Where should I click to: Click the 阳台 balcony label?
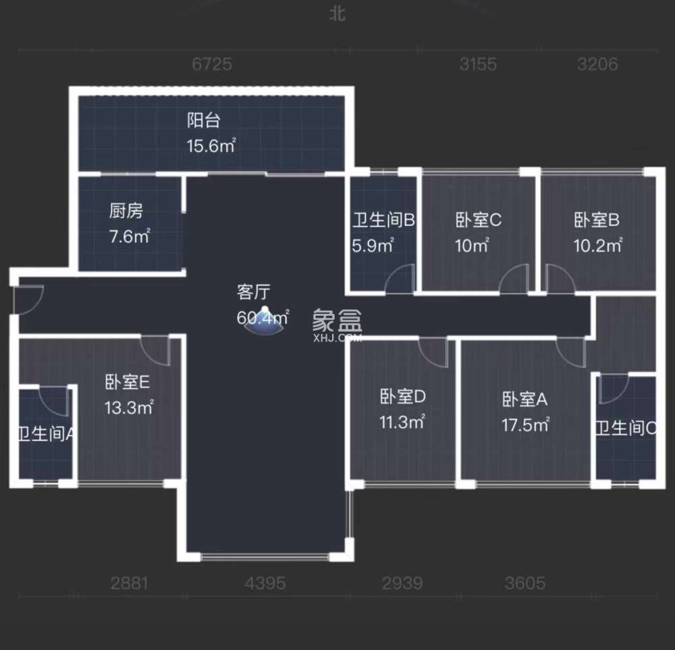(x=203, y=121)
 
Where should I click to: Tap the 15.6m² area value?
(x=211, y=145)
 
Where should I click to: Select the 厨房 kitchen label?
(x=126, y=211)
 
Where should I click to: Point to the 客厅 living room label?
(x=253, y=292)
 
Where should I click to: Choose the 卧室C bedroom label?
(x=478, y=220)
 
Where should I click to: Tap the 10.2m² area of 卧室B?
(x=598, y=246)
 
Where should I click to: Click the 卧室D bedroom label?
(x=402, y=398)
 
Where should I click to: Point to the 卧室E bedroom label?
(x=127, y=383)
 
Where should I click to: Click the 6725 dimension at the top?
(x=212, y=64)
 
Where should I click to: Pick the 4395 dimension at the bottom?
(x=266, y=583)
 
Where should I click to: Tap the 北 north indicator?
(x=337, y=13)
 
